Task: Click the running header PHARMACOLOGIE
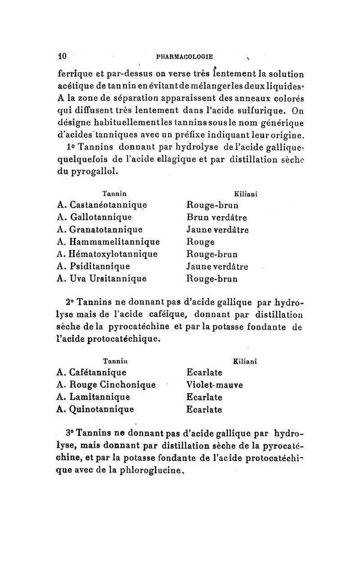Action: point(184,57)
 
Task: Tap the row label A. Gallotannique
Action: point(94,218)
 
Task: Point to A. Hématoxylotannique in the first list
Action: point(108,254)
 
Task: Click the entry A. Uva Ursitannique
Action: point(102,278)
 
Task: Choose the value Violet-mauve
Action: point(215,385)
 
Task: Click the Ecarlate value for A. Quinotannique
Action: point(204,410)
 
